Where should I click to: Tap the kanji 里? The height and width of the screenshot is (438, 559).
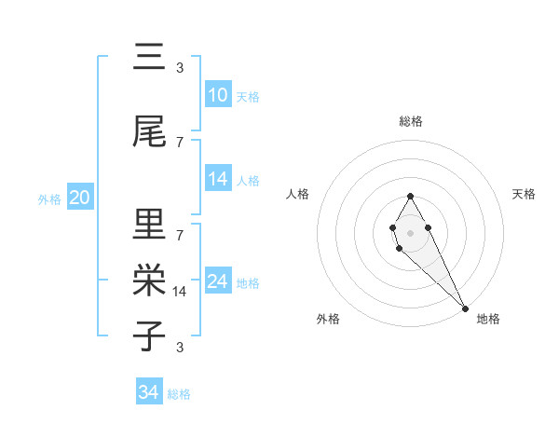pos(149,224)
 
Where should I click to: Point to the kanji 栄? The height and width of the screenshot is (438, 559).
pos(149,280)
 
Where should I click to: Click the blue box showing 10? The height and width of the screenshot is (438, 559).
pos(218,95)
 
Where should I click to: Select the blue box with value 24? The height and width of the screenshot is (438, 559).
pos(218,281)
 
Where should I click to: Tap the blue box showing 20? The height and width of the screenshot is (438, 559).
pos(79,198)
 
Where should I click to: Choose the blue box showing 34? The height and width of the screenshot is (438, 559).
pos(149,392)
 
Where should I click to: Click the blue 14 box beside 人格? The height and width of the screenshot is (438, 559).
pos(218,179)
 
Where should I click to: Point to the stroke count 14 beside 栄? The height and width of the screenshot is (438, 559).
pos(180,292)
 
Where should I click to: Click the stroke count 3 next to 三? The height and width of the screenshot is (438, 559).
pos(180,67)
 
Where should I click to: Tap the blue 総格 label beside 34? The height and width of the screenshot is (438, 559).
pos(179,394)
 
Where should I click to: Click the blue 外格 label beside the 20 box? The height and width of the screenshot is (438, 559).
pos(49,198)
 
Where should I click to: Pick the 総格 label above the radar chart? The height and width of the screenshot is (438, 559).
pos(411,121)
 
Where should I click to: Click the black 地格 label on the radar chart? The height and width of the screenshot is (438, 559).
pos(488,320)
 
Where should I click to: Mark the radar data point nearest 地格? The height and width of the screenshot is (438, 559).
pos(465,308)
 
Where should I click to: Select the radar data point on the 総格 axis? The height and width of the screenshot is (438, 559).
pos(411,196)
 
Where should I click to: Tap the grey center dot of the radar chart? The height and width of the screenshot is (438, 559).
pos(411,232)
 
